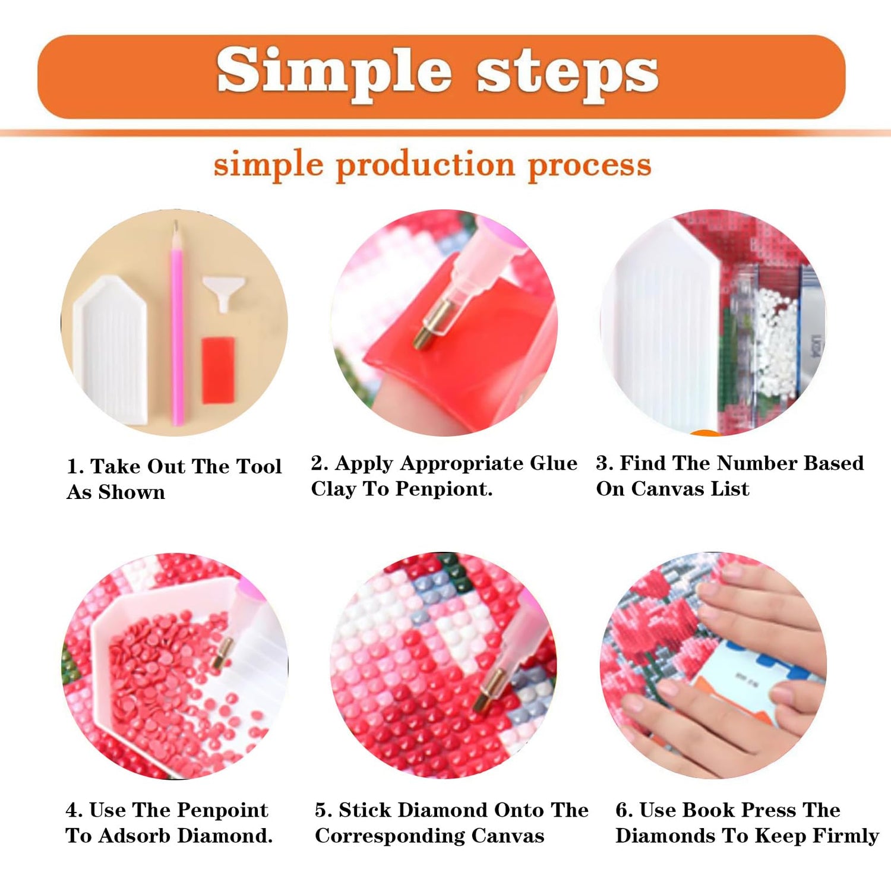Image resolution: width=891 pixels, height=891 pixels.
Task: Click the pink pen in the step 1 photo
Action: click(177, 323)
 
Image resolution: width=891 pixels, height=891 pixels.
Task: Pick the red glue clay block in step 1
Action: click(218, 370)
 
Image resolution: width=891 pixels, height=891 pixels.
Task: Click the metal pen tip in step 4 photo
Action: click(223, 652)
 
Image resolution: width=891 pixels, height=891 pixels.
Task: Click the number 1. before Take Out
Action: click(75, 467)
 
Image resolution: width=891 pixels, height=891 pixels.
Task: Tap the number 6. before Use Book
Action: click(624, 810)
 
